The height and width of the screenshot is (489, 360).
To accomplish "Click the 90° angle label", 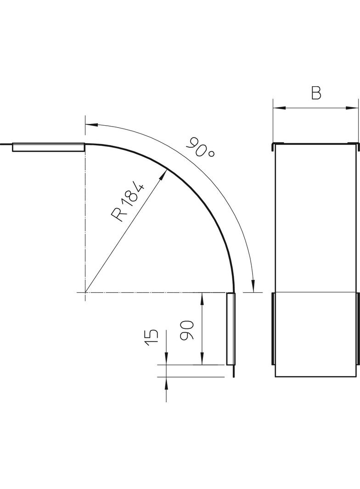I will [x=200, y=147].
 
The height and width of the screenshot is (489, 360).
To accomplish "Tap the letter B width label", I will [x=315, y=93].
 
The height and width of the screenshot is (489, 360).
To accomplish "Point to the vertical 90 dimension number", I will [x=187, y=330].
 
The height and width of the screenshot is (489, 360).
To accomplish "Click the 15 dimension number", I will [x=152, y=338].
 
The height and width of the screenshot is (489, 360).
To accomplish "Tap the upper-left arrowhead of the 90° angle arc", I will [x=90, y=124].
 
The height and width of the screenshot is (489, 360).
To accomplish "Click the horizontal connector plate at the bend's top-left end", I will [x=48, y=147].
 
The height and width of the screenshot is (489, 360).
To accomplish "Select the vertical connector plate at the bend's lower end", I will [x=230, y=329].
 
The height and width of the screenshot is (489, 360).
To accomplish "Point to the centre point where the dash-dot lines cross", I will [x=85, y=292].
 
